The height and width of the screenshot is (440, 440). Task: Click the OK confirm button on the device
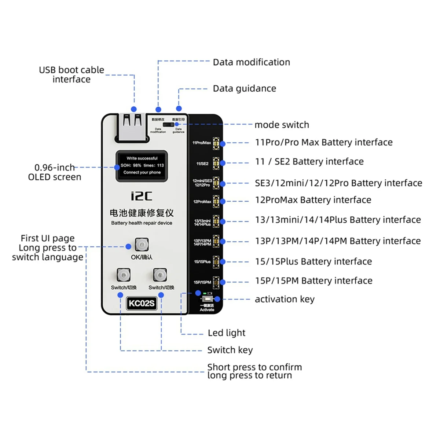142,244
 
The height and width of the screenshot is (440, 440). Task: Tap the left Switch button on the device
124,275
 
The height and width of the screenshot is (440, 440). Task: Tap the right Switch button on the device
160,275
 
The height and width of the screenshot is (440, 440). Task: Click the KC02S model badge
142,303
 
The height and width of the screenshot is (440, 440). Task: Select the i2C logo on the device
142,196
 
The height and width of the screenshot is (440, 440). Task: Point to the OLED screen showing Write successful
142,166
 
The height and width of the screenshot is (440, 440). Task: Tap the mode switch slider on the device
168,125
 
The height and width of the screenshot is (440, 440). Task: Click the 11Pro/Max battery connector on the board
216,143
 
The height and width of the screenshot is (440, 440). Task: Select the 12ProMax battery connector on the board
216,202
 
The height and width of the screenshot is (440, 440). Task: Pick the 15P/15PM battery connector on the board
216,282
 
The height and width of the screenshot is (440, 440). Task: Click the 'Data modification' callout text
251,62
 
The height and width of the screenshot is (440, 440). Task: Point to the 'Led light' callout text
226,333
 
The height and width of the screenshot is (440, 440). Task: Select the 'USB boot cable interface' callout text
71,74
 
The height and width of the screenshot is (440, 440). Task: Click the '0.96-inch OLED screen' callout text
55,172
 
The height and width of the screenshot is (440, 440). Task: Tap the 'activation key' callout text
285,300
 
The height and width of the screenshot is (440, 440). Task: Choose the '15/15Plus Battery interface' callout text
313,261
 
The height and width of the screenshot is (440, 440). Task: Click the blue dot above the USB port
134,109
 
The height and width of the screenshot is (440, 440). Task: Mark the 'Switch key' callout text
230,350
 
